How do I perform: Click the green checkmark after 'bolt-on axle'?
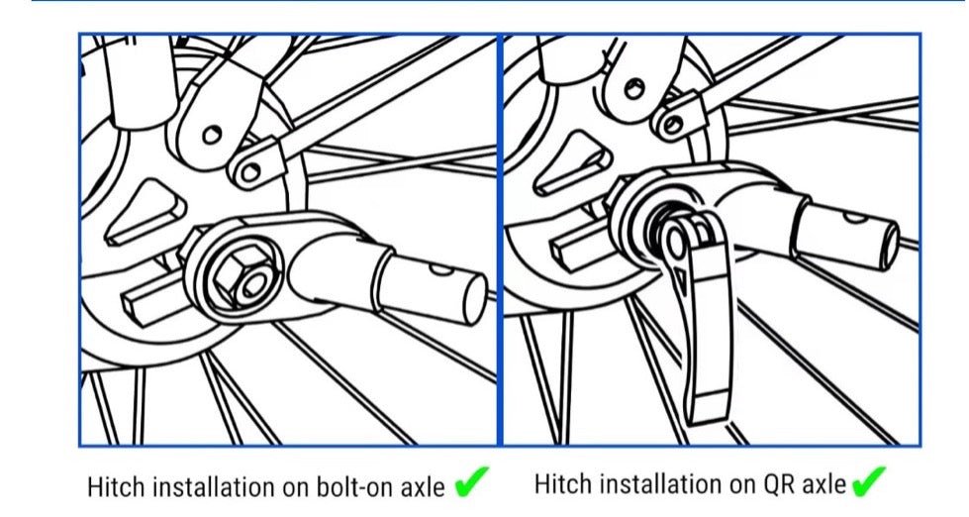pos(471,481)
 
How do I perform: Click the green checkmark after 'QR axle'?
pos(868,481)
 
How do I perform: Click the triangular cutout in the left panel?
pos(145,212)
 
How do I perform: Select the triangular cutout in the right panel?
pos(573,163)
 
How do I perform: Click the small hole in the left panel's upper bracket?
pos(212,134)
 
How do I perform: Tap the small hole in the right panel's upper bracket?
pos(634,88)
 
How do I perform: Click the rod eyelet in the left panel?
pos(250,170)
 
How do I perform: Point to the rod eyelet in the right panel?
pos(672,125)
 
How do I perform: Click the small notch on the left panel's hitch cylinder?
pos(441,269)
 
